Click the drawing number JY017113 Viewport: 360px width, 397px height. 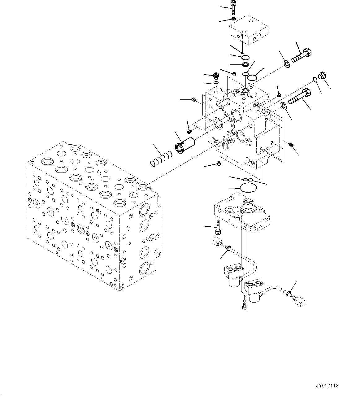click(x=327, y=386)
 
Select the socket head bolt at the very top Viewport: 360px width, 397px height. click(x=233, y=7)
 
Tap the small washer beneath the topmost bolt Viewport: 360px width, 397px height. click(x=233, y=19)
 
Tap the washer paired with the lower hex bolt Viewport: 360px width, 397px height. click(x=283, y=106)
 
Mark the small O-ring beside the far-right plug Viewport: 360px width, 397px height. click(x=315, y=80)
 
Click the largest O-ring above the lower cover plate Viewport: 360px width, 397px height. click(x=248, y=188)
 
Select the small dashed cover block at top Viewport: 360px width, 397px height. click(x=248, y=30)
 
